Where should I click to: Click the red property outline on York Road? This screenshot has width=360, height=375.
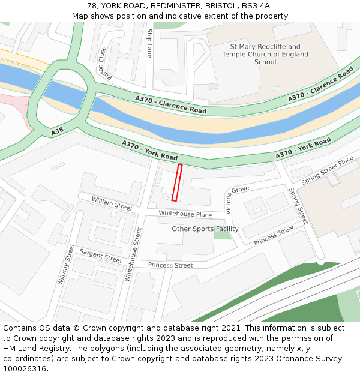coord(177,182)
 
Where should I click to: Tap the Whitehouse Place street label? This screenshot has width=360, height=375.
coord(185,214)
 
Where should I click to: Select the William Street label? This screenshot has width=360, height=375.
coord(112,203)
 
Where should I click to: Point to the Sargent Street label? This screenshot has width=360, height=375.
coord(101,256)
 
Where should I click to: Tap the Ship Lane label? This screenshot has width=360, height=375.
coord(149,43)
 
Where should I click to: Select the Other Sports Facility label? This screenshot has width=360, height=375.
coord(205,229)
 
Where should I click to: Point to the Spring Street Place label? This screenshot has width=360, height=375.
coord(328,170)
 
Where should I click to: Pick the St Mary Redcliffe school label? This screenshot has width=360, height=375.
coord(265,54)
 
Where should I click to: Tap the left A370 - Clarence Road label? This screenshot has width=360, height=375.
coord(171,106)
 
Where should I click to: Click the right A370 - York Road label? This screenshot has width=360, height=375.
coord(304,149)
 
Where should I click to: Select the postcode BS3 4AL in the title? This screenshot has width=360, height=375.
coord(258,5)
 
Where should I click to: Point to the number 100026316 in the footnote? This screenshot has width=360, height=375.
coord(24,369)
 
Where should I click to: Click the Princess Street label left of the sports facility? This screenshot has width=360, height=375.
coord(170,265)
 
